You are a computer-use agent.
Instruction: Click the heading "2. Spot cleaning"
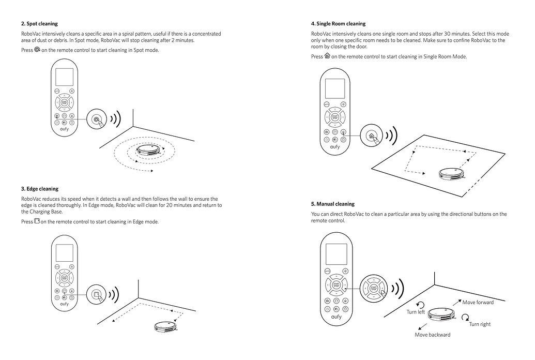coord(39,24)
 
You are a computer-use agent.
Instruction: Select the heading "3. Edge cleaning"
coord(40,189)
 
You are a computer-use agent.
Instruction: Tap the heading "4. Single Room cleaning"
coord(338,24)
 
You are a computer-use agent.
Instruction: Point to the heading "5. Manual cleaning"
coord(332,204)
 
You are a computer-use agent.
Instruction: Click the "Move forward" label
coord(478,302)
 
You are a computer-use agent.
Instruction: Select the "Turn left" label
coord(415,312)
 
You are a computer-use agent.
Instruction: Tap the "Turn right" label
coord(480,324)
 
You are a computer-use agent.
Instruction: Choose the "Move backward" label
coord(432,335)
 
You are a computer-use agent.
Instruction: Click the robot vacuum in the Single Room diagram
coord(451,173)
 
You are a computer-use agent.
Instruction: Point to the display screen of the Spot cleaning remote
coord(65,78)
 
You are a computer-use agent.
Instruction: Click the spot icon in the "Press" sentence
coord(37,50)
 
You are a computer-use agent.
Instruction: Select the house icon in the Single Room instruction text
coord(327,56)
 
